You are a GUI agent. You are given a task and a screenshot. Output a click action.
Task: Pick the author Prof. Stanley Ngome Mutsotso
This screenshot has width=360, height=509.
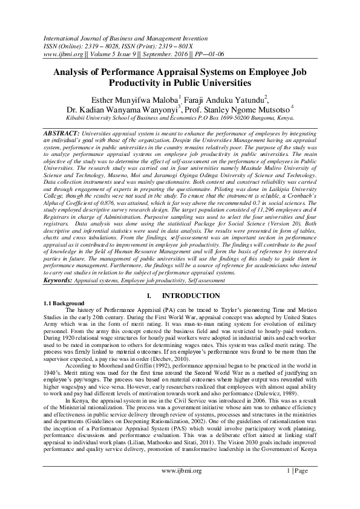tap(240, 110)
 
